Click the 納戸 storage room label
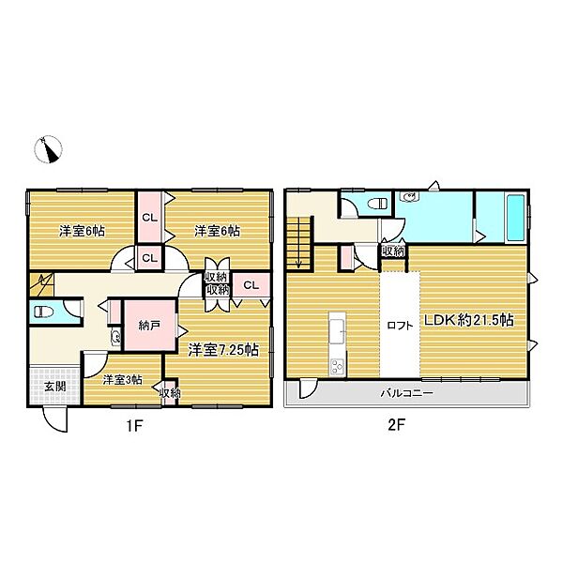(148, 327)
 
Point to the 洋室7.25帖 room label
(223, 350)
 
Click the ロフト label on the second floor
(399, 327)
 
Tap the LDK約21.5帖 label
(467, 320)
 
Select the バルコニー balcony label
(406, 393)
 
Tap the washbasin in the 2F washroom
(409, 197)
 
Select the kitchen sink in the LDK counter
(336, 328)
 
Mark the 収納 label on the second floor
(392, 251)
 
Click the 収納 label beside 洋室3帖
(170, 394)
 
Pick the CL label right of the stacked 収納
(251, 285)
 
